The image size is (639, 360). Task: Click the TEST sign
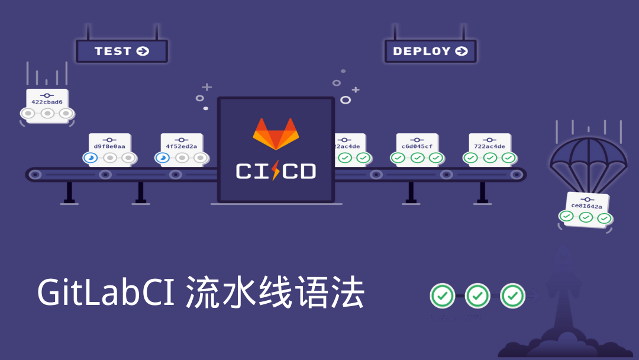point(121,51)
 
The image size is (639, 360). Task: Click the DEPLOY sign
point(430,51)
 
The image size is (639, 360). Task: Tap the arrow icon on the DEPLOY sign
point(461,51)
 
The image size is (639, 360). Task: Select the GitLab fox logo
point(276,134)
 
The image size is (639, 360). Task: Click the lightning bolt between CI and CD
point(276,171)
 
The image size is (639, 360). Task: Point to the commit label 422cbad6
point(47,102)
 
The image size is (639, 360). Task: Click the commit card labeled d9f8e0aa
point(109,148)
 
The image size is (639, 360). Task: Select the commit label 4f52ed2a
point(182,146)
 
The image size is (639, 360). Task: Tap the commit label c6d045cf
point(417,146)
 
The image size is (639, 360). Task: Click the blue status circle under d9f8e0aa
point(90,158)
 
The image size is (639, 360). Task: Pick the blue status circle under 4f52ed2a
point(162,158)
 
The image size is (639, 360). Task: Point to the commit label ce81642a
point(586,206)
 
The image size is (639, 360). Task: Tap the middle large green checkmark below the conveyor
point(477,295)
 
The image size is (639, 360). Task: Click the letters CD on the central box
point(299,172)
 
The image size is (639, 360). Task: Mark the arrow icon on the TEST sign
point(143,51)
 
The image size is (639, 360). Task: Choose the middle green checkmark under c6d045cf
point(417,158)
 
